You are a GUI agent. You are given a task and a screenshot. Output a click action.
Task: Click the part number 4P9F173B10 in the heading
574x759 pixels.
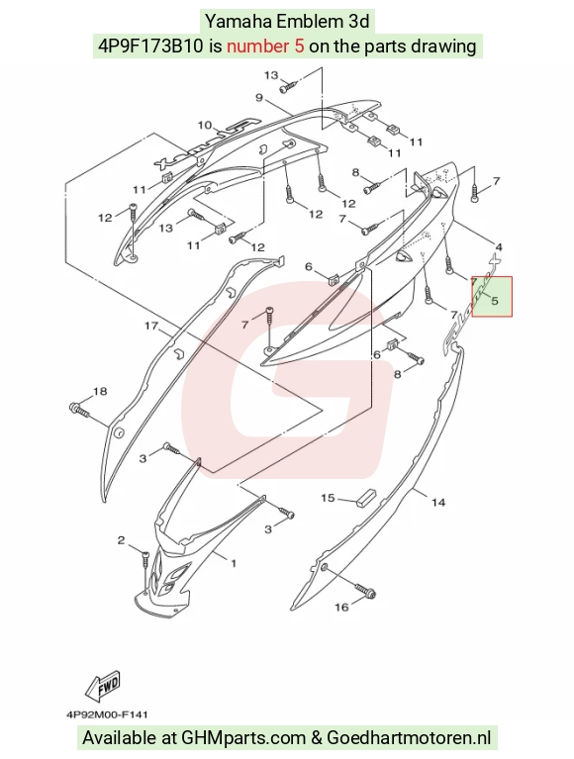pyautogui.click(x=151, y=46)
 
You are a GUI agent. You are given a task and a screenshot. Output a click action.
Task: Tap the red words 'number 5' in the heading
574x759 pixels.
pyautogui.click(x=265, y=46)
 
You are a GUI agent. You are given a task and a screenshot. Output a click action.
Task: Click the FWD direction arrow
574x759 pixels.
pyautogui.click(x=103, y=688)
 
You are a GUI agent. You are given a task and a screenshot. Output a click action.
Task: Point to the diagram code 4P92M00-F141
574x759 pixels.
pyautogui.click(x=107, y=714)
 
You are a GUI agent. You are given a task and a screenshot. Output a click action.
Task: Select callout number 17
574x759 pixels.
pyautogui.click(x=151, y=326)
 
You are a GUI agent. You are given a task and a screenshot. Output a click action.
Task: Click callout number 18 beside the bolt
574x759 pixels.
pyautogui.click(x=100, y=391)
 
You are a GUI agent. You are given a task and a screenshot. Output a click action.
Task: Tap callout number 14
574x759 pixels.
pyautogui.click(x=438, y=503)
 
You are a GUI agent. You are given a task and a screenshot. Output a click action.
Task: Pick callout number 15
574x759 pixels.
pyautogui.click(x=328, y=498)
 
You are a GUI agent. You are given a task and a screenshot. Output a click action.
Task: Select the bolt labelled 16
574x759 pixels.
pyautogui.click(x=366, y=591)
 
